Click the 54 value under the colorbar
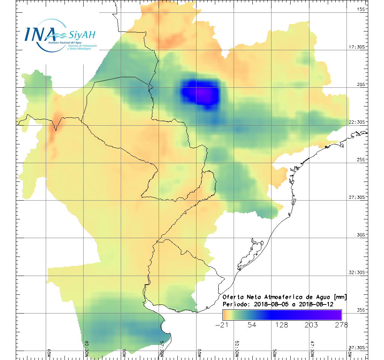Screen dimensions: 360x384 [x=252, y=325]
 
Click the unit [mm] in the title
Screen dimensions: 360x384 [x=339, y=297]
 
